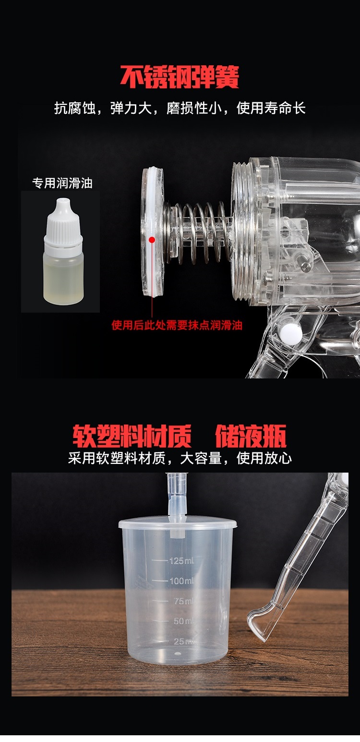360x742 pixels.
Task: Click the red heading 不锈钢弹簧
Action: (x=180, y=77)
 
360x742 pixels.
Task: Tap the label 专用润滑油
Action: (x=62, y=183)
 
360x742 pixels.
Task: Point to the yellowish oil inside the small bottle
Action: (x=64, y=279)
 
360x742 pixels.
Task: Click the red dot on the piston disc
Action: (x=152, y=239)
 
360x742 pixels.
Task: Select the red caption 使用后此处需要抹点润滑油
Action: (x=177, y=325)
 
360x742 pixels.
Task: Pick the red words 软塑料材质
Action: (x=132, y=436)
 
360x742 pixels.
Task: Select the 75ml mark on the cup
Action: (x=182, y=601)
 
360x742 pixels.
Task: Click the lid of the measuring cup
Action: (x=178, y=523)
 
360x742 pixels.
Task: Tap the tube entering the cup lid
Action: (x=176, y=495)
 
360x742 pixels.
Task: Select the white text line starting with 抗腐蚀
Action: (x=180, y=108)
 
